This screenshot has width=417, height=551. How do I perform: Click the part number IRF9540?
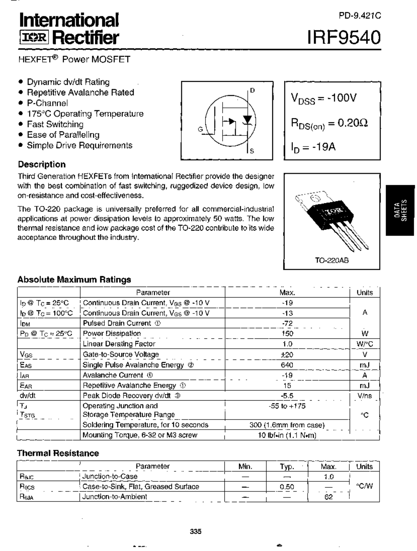(x=344, y=37)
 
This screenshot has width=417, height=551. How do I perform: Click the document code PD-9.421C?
(x=360, y=16)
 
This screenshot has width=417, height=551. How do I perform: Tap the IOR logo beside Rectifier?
(x=34, y=38)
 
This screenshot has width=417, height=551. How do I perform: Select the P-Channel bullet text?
(x=47, y=103)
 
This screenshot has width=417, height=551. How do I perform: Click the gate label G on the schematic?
(x=200, y=129)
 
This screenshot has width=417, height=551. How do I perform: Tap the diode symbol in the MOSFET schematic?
(x=248, y=120)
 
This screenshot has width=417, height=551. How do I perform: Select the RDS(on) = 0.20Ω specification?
(x=329, y=123)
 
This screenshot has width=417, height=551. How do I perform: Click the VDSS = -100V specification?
(x=324, y=98)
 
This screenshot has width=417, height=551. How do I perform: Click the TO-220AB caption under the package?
(x=332, y=261)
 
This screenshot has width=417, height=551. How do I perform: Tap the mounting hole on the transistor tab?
(x=314, y=198)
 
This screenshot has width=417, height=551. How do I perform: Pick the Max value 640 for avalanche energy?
(x=287, y=365)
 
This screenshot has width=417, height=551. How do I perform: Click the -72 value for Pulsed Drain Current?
(x=287, y=323)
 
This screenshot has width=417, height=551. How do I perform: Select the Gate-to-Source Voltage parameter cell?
(x=121, y=354)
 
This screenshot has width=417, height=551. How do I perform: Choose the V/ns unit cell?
(x=365, y=396)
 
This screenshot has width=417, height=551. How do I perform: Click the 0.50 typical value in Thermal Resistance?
(x=287, y=487)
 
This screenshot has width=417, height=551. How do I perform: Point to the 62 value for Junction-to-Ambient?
(x=328, y=497)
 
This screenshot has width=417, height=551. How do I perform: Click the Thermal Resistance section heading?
(x=58, y=453)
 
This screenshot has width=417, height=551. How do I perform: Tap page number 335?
(x=195, y=531)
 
